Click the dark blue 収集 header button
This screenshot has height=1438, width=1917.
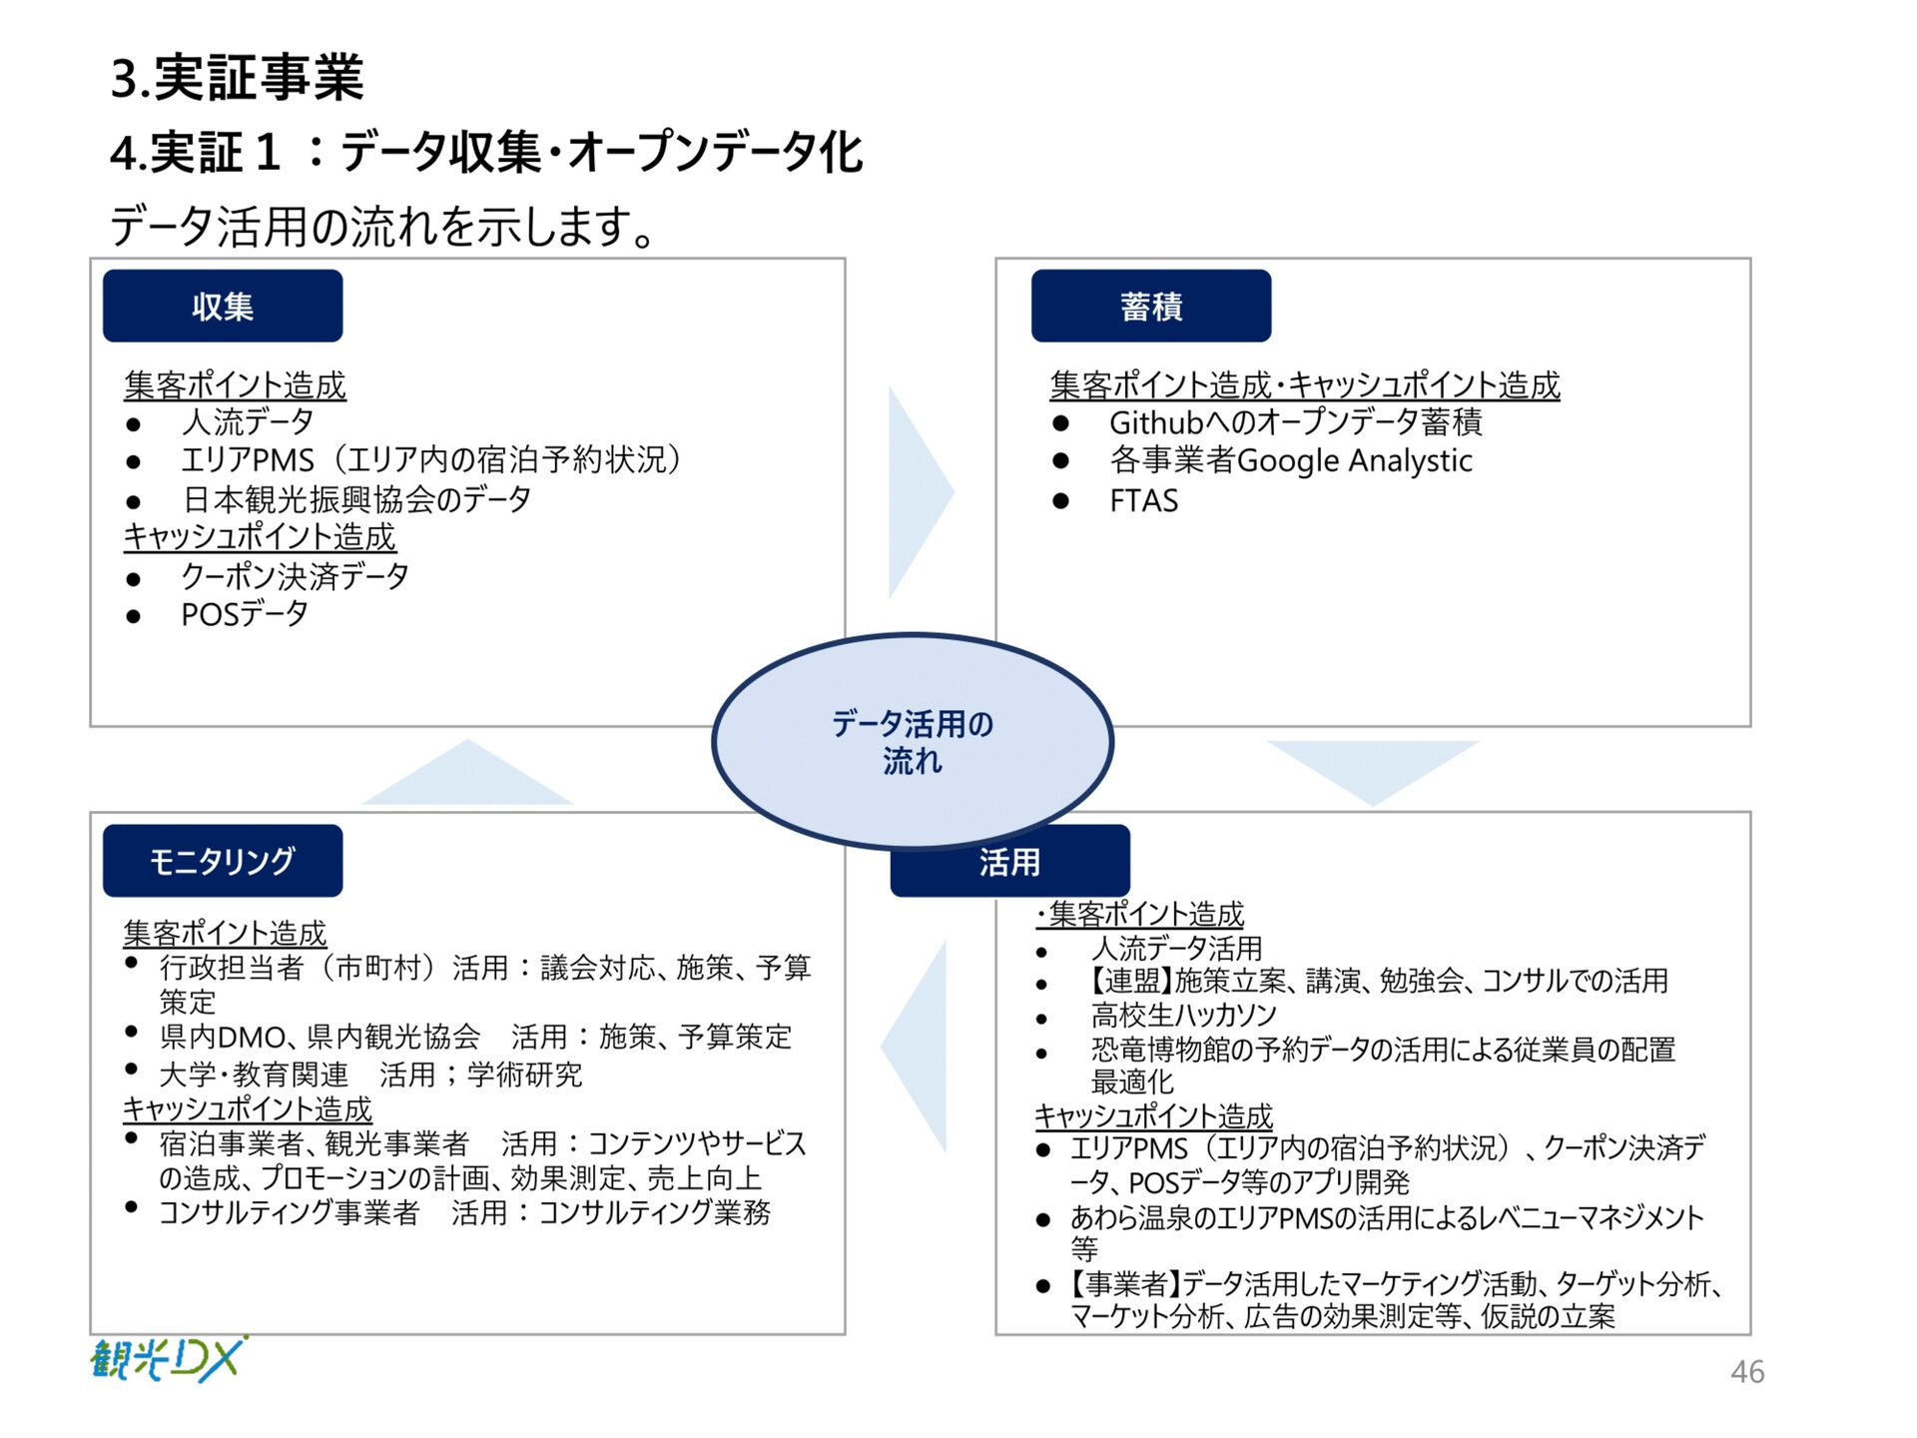point(223,306)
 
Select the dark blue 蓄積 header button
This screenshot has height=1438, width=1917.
point(1150,306)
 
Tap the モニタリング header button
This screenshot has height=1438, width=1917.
point(223,860)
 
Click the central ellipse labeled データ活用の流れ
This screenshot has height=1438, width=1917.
point(912,741)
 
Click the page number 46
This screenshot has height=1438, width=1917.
point(1746,1371)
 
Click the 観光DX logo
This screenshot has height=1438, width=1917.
point(168,1359)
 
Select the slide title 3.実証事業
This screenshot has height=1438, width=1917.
point(237,78)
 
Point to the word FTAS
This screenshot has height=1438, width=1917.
point(1143,500)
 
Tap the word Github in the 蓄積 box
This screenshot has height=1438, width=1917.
point(1155,422)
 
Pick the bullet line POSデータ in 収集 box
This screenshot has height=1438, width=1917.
point(245,614)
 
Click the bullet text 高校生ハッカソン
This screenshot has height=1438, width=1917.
point(1183,1015)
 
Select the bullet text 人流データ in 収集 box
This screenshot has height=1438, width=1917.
point(248,422)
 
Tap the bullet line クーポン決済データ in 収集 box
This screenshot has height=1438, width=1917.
point(295,576)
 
